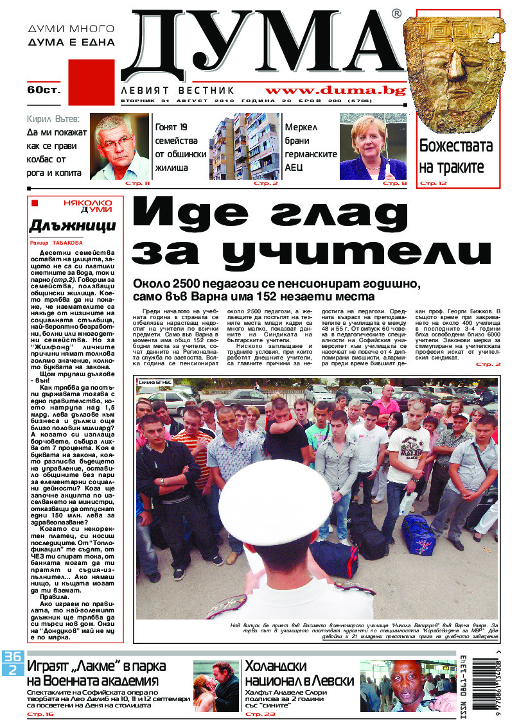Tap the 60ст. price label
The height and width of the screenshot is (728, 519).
(44, 89)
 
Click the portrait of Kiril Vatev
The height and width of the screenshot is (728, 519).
(119, 148)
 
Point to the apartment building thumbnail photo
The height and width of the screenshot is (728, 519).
(244, 147)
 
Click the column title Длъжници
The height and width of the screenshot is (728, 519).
(73, 225)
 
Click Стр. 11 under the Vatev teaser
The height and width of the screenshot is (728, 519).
(137, 184)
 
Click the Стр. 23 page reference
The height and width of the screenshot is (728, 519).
(259, 714)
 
